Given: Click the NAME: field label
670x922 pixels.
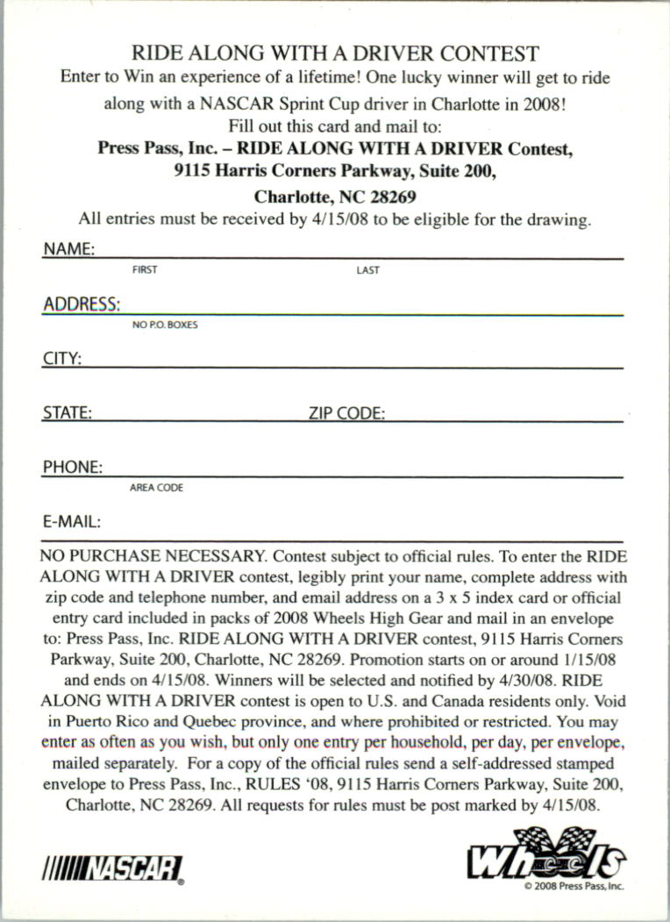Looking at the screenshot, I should (68, 249).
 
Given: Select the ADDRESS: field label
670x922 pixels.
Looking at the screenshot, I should (82, 304).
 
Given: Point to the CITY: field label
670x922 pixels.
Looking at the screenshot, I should (62, 359).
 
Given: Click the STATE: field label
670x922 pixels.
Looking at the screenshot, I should (68, 412).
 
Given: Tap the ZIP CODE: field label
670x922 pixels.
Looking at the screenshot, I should (346, 412).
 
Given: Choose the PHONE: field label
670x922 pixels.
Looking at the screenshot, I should (73, 467).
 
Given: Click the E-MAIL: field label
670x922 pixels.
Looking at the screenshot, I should (72, 521).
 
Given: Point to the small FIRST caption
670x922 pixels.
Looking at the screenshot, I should (145, 270).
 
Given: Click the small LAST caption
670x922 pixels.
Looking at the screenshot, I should (368, 270).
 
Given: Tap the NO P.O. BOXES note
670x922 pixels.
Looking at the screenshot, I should (165, 325).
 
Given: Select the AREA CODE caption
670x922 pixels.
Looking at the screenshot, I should (156, 488).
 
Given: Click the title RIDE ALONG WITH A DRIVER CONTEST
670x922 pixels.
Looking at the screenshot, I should (335, 54).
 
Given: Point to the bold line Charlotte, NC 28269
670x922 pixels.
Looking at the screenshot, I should (335, 197).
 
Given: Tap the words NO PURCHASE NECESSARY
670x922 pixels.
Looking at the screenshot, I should (152, 556).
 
